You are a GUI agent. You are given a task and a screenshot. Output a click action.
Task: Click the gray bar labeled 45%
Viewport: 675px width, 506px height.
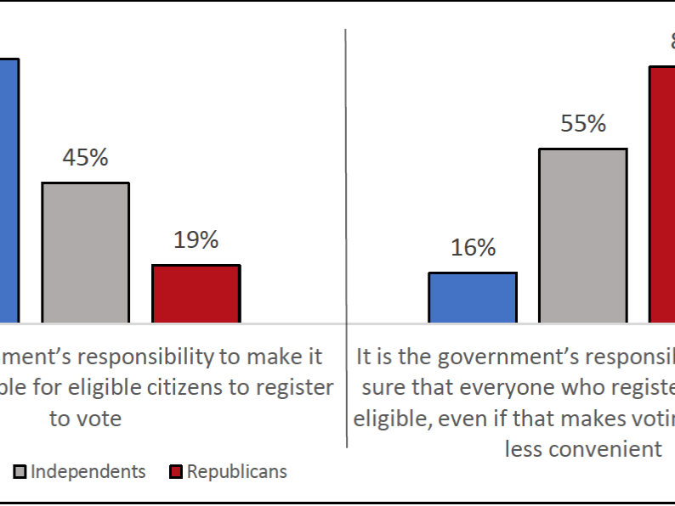click(x=86, y=252)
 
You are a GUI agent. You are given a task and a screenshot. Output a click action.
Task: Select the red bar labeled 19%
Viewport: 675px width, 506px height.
click(x=196, y=294)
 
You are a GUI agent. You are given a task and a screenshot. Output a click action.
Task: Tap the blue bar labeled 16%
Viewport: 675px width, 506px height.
click(x=473, y=298)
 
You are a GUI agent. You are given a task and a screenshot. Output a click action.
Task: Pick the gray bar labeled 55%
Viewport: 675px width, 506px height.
click(x=583, y=236)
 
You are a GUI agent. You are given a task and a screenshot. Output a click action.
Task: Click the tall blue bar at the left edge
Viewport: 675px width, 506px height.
click(x=9, y=191)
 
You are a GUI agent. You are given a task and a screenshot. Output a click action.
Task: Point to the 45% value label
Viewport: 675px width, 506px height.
click(x=85, y=158)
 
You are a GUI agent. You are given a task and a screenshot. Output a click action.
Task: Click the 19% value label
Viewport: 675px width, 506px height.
click(x=196, y=240)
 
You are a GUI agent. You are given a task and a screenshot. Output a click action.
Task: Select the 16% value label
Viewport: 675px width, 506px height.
click(x=473, y=248)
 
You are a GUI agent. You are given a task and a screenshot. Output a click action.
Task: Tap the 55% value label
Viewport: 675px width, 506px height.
click(x=583, y=124)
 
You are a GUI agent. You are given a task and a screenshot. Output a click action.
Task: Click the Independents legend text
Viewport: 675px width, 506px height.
click(x=88, y=471)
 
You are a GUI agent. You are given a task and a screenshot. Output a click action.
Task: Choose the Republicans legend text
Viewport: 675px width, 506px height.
click(x=237, y=471)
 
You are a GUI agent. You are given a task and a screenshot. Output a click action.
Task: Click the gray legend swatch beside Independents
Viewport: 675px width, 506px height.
click(x=20, y=471)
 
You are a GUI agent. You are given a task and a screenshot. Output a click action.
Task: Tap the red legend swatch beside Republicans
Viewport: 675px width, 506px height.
click(x=177, y=471)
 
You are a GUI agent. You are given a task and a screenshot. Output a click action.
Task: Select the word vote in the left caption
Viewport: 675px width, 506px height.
click(x=98, y=419)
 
